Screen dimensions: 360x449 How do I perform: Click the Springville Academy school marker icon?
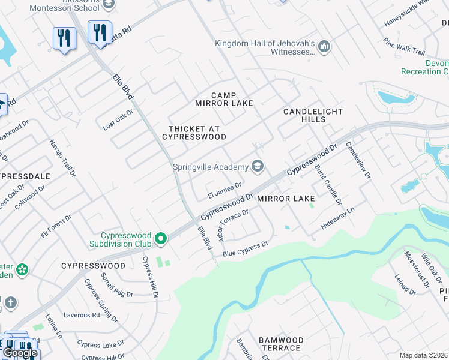pos(258,166)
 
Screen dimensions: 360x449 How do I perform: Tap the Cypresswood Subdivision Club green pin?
pos(160,239)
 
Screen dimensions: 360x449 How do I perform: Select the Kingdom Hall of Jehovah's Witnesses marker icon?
pos(324,46)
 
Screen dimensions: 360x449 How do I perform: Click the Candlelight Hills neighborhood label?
pos(313,116)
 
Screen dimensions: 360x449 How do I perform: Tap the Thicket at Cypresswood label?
pos(194,133)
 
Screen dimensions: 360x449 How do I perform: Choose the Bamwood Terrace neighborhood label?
pos(280,344)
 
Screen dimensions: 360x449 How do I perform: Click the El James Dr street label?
pos(224,190)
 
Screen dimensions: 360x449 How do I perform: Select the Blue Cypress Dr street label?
pos(245,249)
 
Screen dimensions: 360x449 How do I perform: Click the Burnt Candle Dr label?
pos(328,185)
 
